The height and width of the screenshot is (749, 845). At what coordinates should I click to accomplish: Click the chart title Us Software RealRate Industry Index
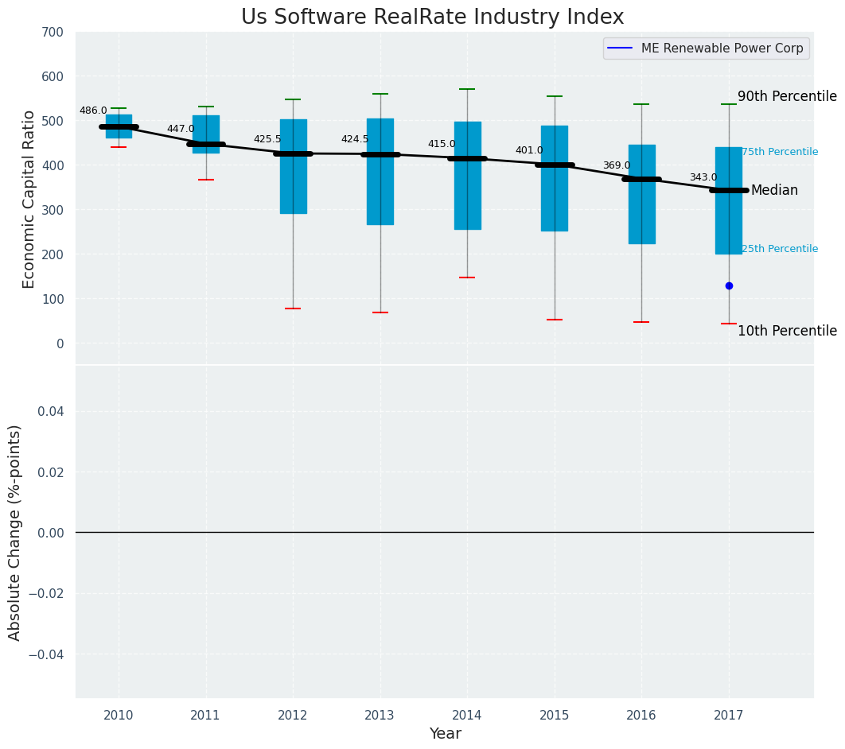(432, 17)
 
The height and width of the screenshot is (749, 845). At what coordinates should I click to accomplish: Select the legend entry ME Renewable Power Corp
(722, 49)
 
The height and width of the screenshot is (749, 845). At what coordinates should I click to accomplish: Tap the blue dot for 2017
(729, 285)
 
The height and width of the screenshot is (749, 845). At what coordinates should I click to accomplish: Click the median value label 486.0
(93, 111)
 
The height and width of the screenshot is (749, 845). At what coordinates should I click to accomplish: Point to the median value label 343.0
(703, 177)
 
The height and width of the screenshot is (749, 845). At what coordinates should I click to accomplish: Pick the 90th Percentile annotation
(787, 96)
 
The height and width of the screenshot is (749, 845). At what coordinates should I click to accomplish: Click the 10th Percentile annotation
(787, 331)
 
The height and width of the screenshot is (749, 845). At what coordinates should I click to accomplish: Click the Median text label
(774, 191)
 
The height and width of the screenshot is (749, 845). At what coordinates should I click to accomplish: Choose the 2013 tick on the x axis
(380, 716)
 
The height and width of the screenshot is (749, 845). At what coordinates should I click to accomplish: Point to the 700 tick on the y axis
(53, 33)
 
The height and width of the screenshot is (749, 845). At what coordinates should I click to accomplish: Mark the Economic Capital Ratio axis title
(29, 199)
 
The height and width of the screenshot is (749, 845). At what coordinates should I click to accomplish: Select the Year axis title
(445, 734)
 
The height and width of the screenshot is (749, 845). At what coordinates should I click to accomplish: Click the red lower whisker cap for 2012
(293, 309)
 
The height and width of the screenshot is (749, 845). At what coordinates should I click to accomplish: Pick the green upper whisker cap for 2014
(467, 89)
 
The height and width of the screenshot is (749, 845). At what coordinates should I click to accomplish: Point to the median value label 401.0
(529, 150)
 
